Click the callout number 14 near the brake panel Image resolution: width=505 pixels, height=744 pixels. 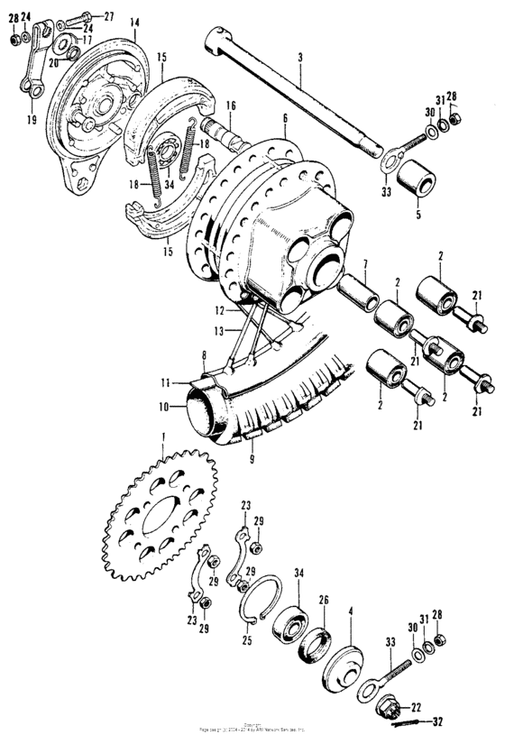click(x=133, y=21)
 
